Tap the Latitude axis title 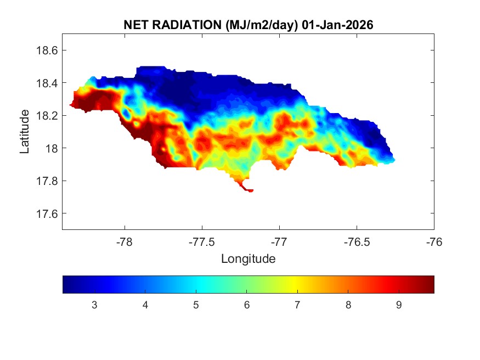[25, 131]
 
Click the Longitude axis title [248, 258]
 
